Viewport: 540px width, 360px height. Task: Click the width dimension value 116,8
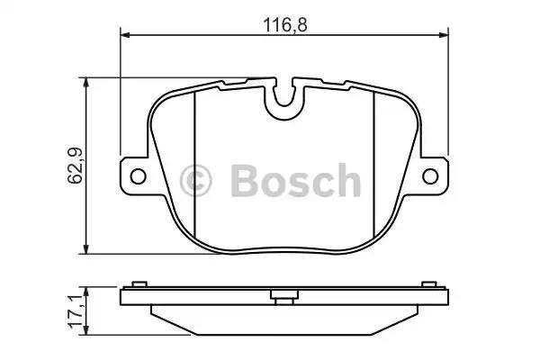(285, 24)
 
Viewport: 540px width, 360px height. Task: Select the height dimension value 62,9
(75, 166)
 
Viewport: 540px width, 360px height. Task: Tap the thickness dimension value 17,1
(75, 308)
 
